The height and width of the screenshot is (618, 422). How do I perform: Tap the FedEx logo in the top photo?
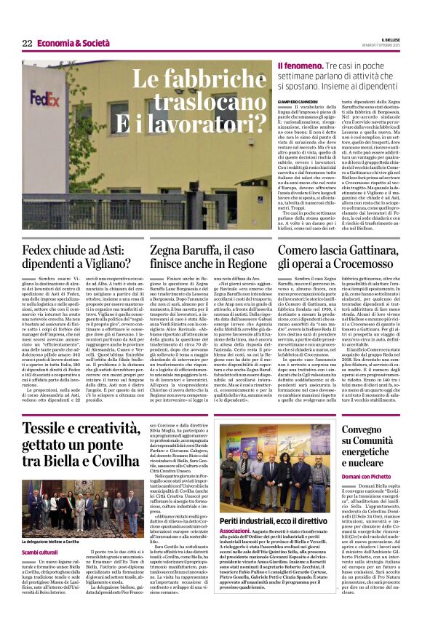click(x=44, y=95)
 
